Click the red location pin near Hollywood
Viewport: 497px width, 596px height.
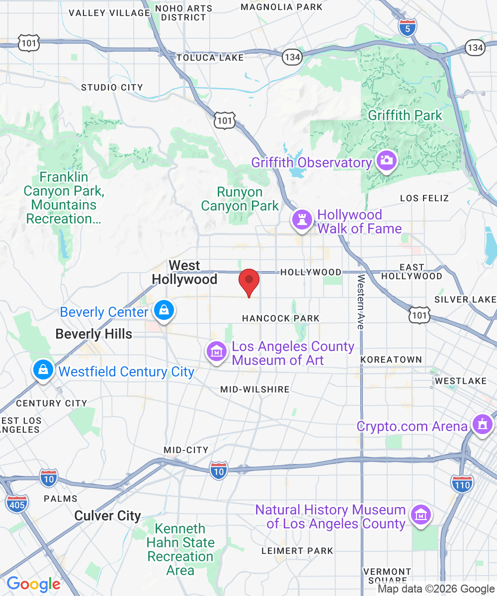pos(249,282)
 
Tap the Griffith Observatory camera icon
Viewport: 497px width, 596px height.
pos(386,160)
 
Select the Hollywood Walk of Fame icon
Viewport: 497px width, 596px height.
pos(301,219)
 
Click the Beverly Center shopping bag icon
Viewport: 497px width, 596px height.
pos(163,310)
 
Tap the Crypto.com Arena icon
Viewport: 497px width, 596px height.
pos(481,425)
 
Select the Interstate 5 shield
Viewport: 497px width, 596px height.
pos(407,28)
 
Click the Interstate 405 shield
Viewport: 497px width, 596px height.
pos(17,503)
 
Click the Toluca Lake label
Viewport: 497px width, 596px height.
pos(210,58)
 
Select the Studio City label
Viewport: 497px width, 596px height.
pos(112,87)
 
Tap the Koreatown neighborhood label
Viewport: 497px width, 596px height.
pos(391,359)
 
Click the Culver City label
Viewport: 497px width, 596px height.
pos(107,516)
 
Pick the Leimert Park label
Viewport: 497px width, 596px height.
pos(297,550)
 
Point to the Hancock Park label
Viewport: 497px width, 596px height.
pos(281,318)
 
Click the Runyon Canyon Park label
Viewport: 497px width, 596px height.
pos(240,199)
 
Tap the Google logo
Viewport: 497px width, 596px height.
pos(33,584)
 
